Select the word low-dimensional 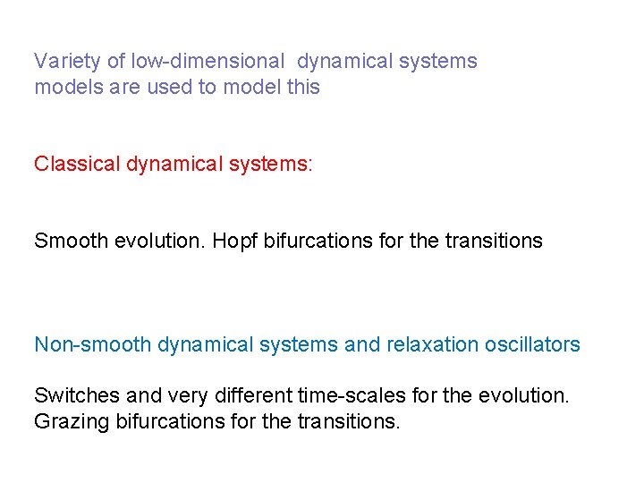(x=208, y=62)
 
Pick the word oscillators (x=532, y=344)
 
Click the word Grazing (x=72, y=421)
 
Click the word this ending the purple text (x=303, y=88)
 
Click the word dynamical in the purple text (x=343, y=62)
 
